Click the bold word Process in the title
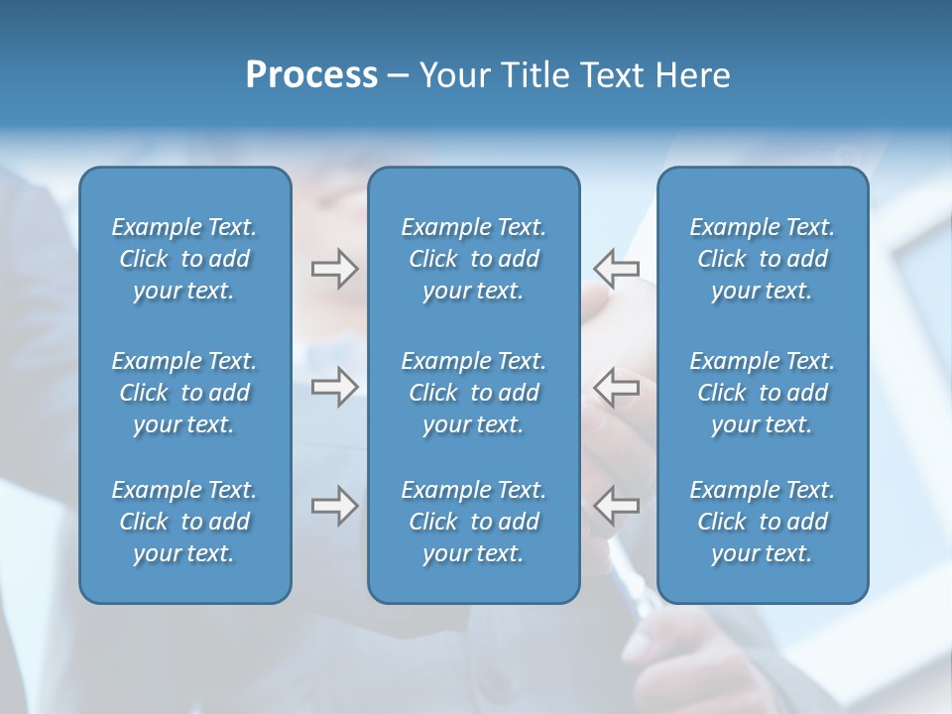pyautogui.click(x=311, y=75)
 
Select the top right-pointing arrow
pyautogui.click(x=334, y=269)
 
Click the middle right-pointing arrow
pyautogui.click(x=334, y=387)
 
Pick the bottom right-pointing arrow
pyautogui.click(x=334, y=506)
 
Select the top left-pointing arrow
pyautogui.click(x=616, y=269)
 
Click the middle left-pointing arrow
pyautogui.click(x=616, y=387)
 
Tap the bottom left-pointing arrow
pyautogui.click(x=616, y=506)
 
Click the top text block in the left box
pyautogui.click(x=184, y=259)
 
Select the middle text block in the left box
pyautogui.click(x=184, y=393)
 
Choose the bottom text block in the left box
pyautogui.click(x=184, y=522)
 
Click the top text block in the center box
pyautogui.click(x=473, y=259)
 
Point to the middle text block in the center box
pyautogui.click(x=473, y=393)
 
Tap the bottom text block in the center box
pyautogui.click(x=473, y=522)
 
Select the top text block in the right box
pyautogui.click(x=763, y=259)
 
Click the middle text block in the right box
pyautogui.click(x=763, y=393)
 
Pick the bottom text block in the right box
pyautogui.click(x=763, y=522)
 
